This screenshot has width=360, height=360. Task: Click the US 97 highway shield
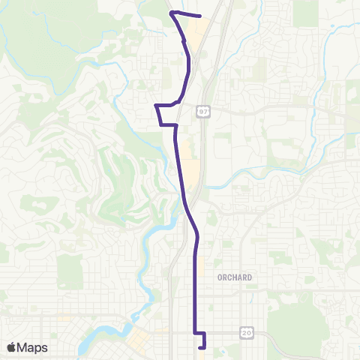coord(203,112)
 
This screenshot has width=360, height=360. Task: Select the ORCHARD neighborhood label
coord(235,277)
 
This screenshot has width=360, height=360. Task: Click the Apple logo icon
coord(11,347)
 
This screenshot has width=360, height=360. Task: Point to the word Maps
coord(32,347)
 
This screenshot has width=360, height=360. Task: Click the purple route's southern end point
coord(199,347)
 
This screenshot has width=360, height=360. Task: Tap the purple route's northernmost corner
coord(172,13)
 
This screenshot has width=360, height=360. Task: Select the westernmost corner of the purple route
coord(155,106)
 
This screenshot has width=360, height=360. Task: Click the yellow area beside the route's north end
coord(197,34)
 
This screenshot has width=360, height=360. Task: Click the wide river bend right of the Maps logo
coord(94,341)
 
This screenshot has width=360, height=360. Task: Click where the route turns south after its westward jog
coord(175,125)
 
